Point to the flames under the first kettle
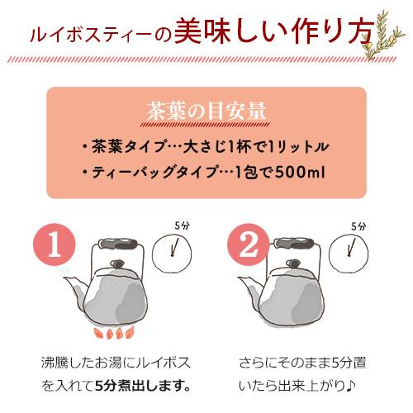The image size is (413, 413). click(x=113, y=332)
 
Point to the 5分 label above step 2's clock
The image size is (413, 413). click(x=357, y=224)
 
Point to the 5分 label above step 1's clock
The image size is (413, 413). click(x=182, y=224)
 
